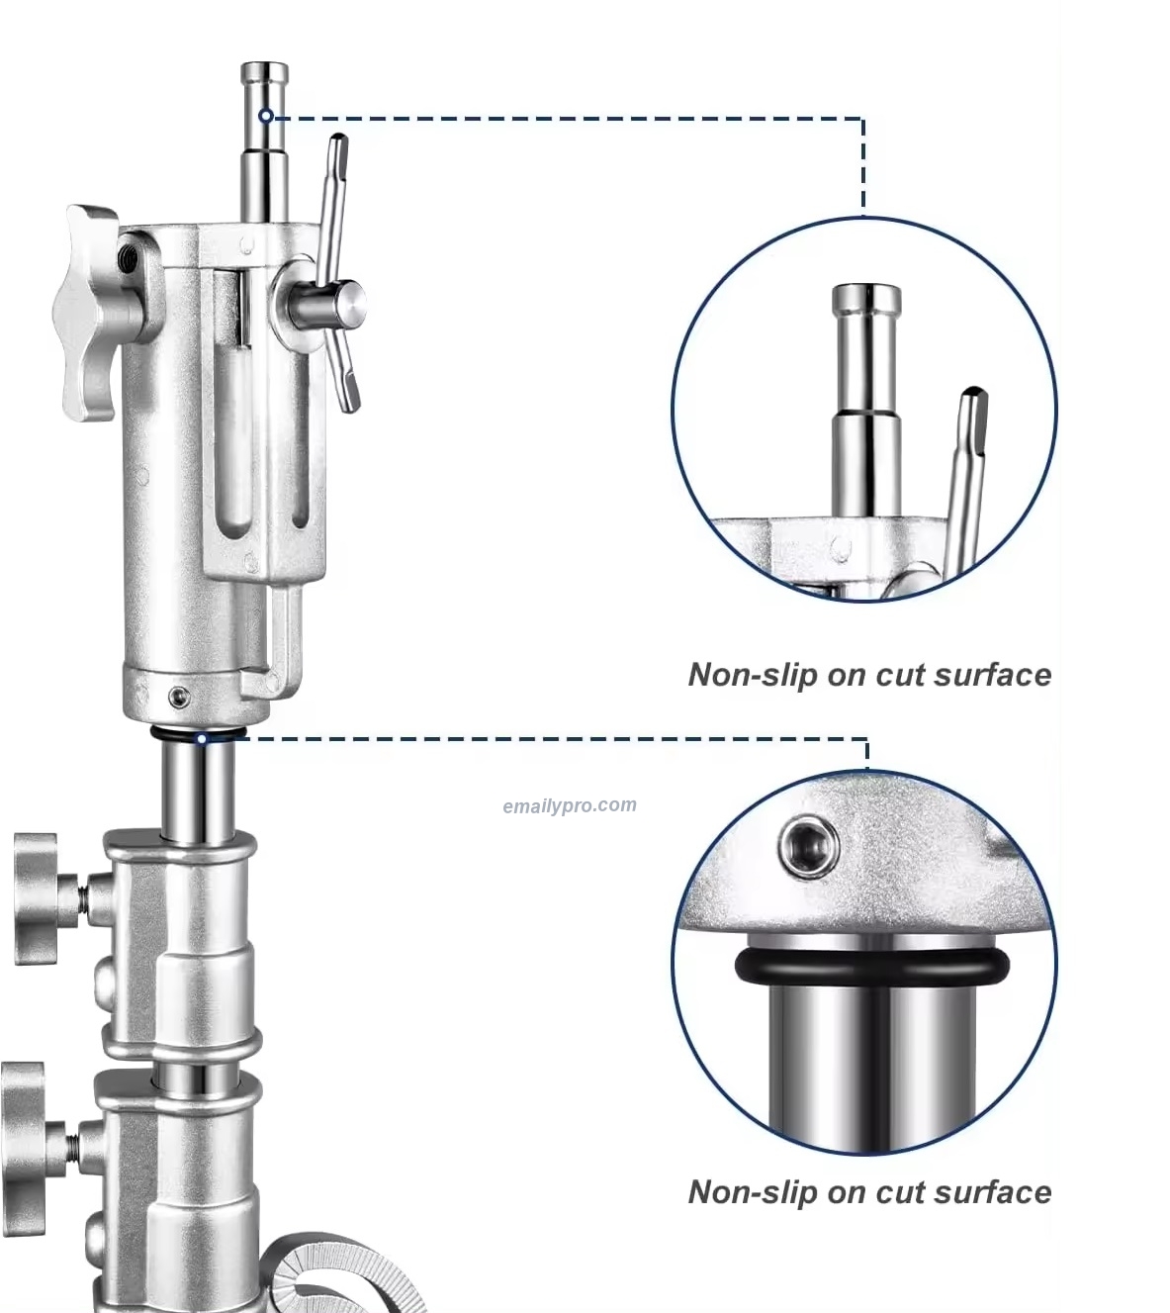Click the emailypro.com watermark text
click(x=570, y=805)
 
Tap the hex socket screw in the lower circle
click(x=809, y=847)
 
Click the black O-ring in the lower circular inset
click(x=872, y=966)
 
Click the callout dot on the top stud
click(x=266, y=116)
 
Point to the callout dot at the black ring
click(x=202, y=739)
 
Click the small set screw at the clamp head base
click(x=178, y=698)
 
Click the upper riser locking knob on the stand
click(x=38, y=898)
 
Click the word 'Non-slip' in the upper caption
click(x=752, y=675)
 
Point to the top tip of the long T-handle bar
click(x=339, y=139)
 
